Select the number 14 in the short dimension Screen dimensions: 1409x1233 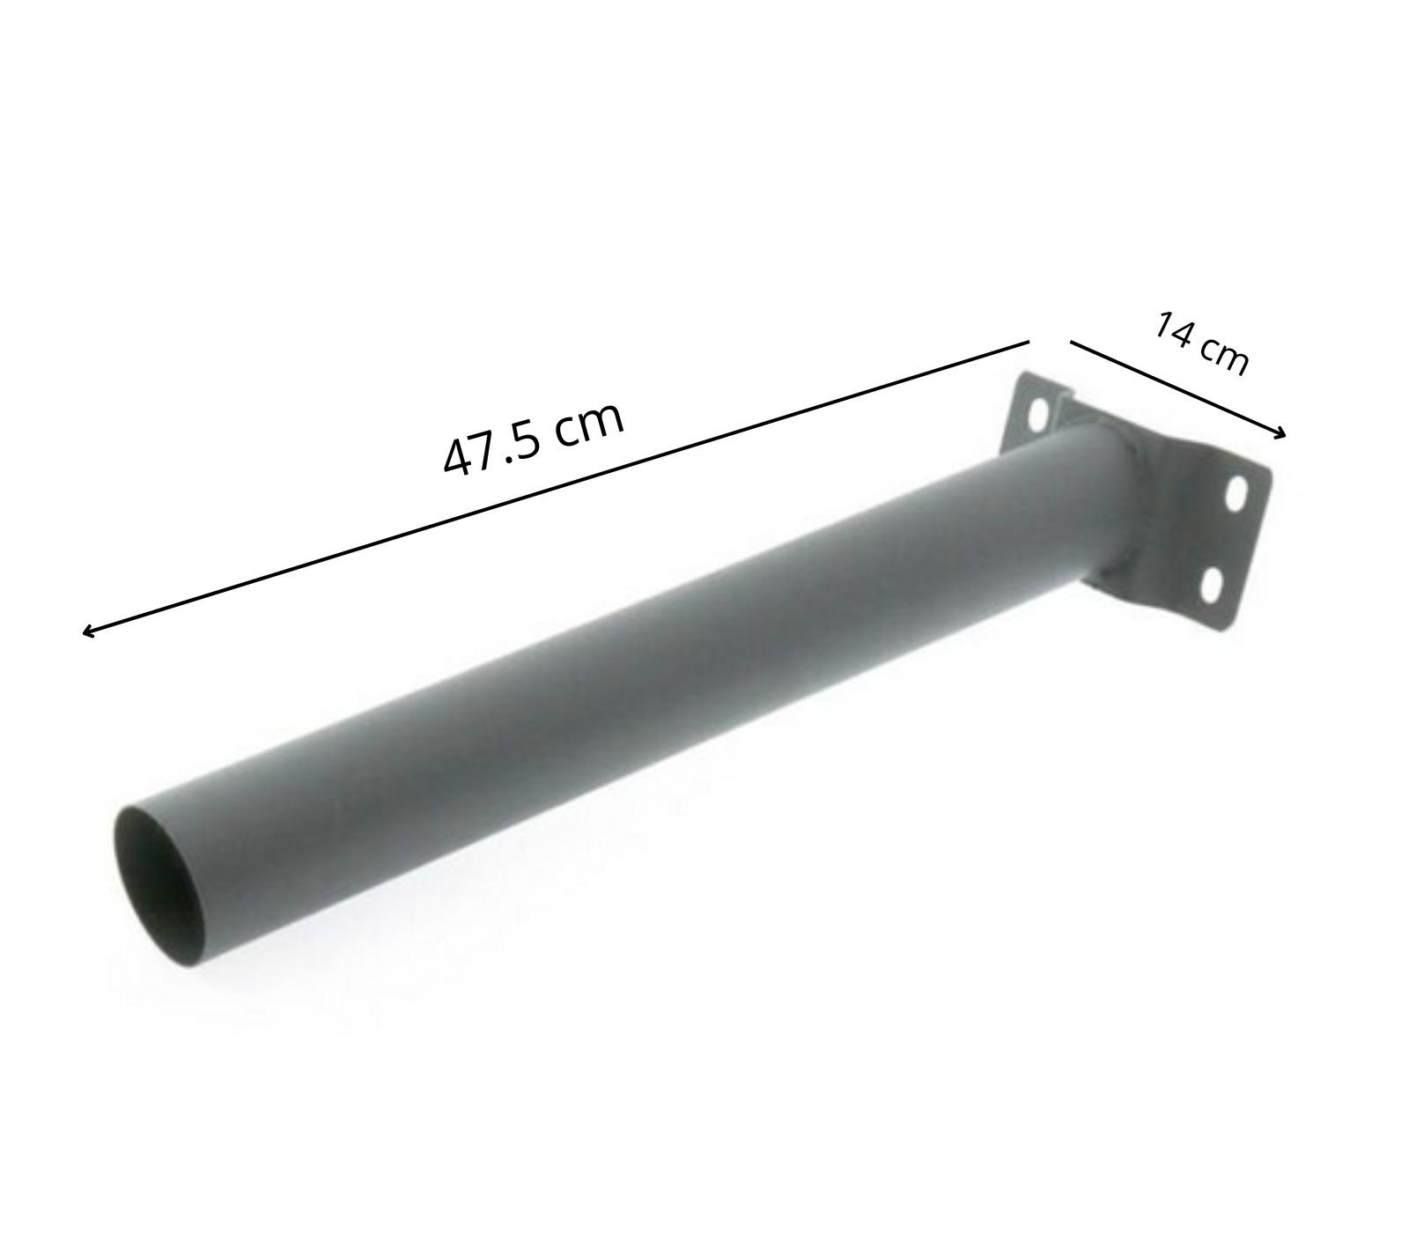click(x=1175, y=329)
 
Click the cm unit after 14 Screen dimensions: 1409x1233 click(x=1226, y=356)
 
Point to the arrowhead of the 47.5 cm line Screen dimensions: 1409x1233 click(x=85, y=631)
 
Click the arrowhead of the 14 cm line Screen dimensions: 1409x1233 click(x=1282, y=432)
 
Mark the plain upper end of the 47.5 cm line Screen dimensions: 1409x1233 click(x=1029, y=341)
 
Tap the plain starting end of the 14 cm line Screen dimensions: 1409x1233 click(x=1071, y=342)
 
